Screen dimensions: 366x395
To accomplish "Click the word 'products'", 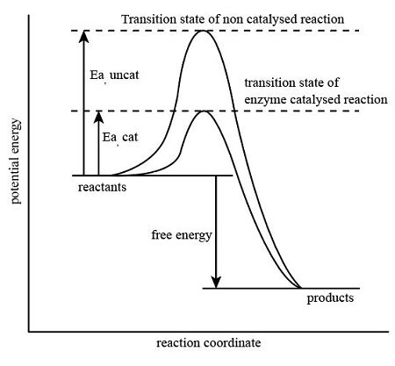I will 330,298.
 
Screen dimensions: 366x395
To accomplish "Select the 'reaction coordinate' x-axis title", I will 208,342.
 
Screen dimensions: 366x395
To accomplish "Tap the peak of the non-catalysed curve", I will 204,32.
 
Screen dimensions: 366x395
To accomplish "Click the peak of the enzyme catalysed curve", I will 204,111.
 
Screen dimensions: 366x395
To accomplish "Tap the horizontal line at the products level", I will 237,288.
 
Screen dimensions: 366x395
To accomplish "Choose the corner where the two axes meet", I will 29,332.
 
